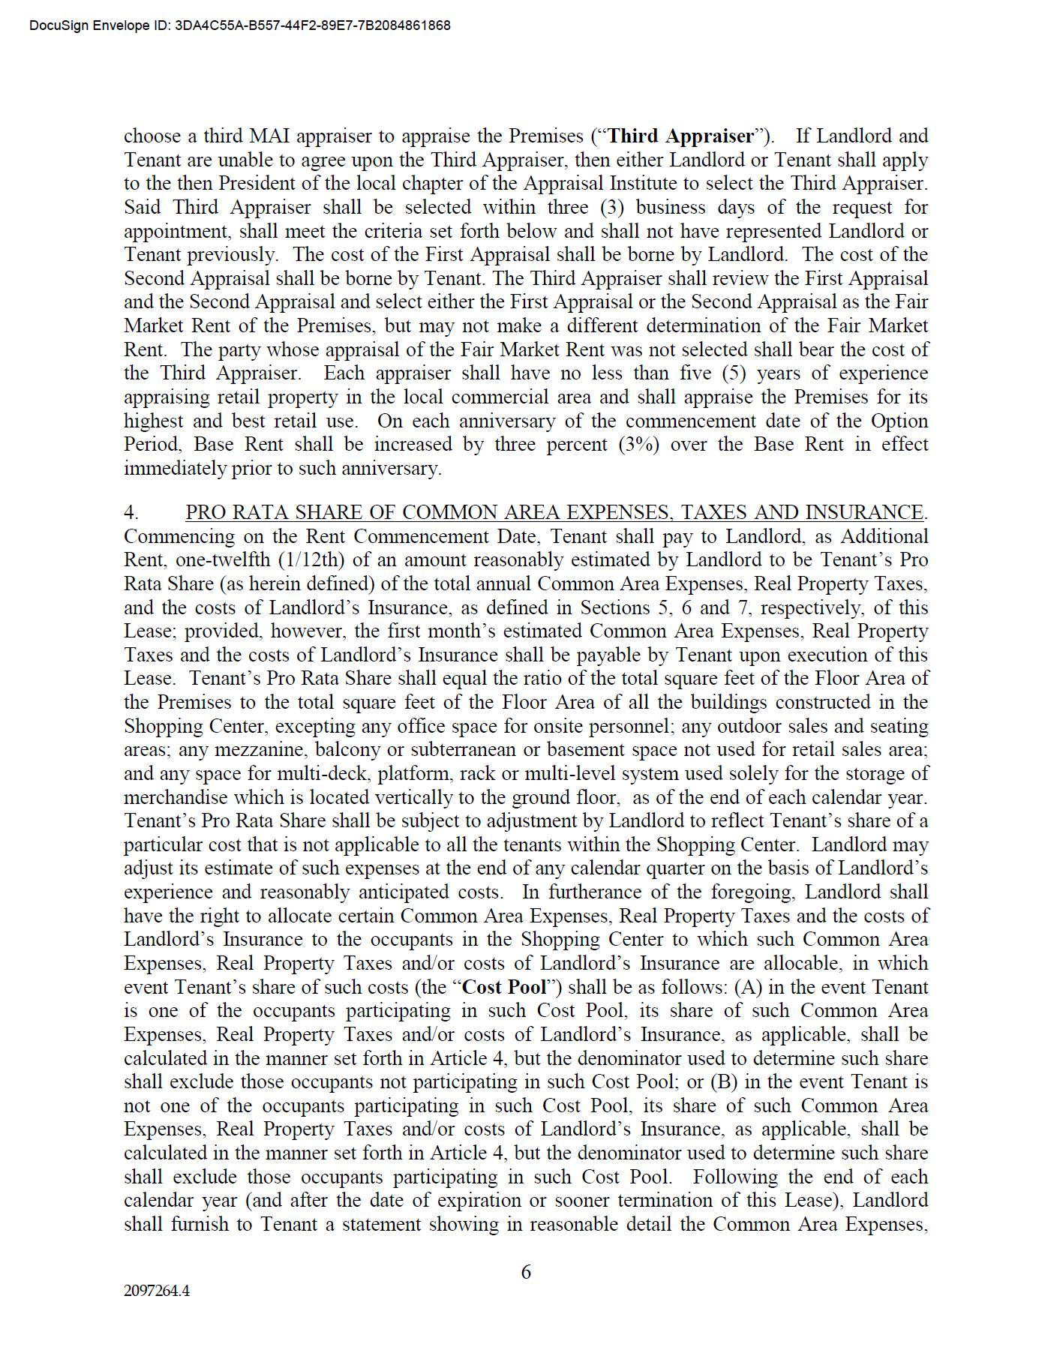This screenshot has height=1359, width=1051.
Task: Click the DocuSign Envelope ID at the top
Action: coord(240,25)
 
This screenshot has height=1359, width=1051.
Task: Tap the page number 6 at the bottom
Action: coord(526,1272)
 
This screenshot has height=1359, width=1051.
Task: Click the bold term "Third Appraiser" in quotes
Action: coord(680,136)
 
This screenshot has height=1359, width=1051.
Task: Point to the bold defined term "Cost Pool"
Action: coord(505,987)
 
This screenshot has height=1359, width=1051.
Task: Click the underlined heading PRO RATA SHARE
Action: coord(554,512)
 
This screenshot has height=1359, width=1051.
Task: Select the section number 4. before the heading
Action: coord(131,512)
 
